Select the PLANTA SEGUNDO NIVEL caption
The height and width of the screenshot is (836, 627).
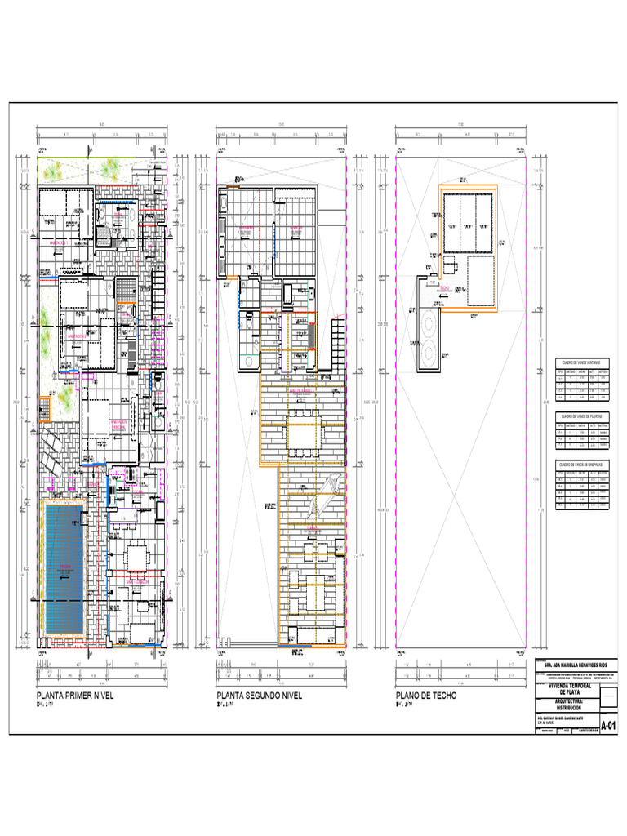259,696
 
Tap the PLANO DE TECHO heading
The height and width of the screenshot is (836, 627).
426,696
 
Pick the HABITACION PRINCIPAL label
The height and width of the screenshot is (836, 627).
122,424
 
